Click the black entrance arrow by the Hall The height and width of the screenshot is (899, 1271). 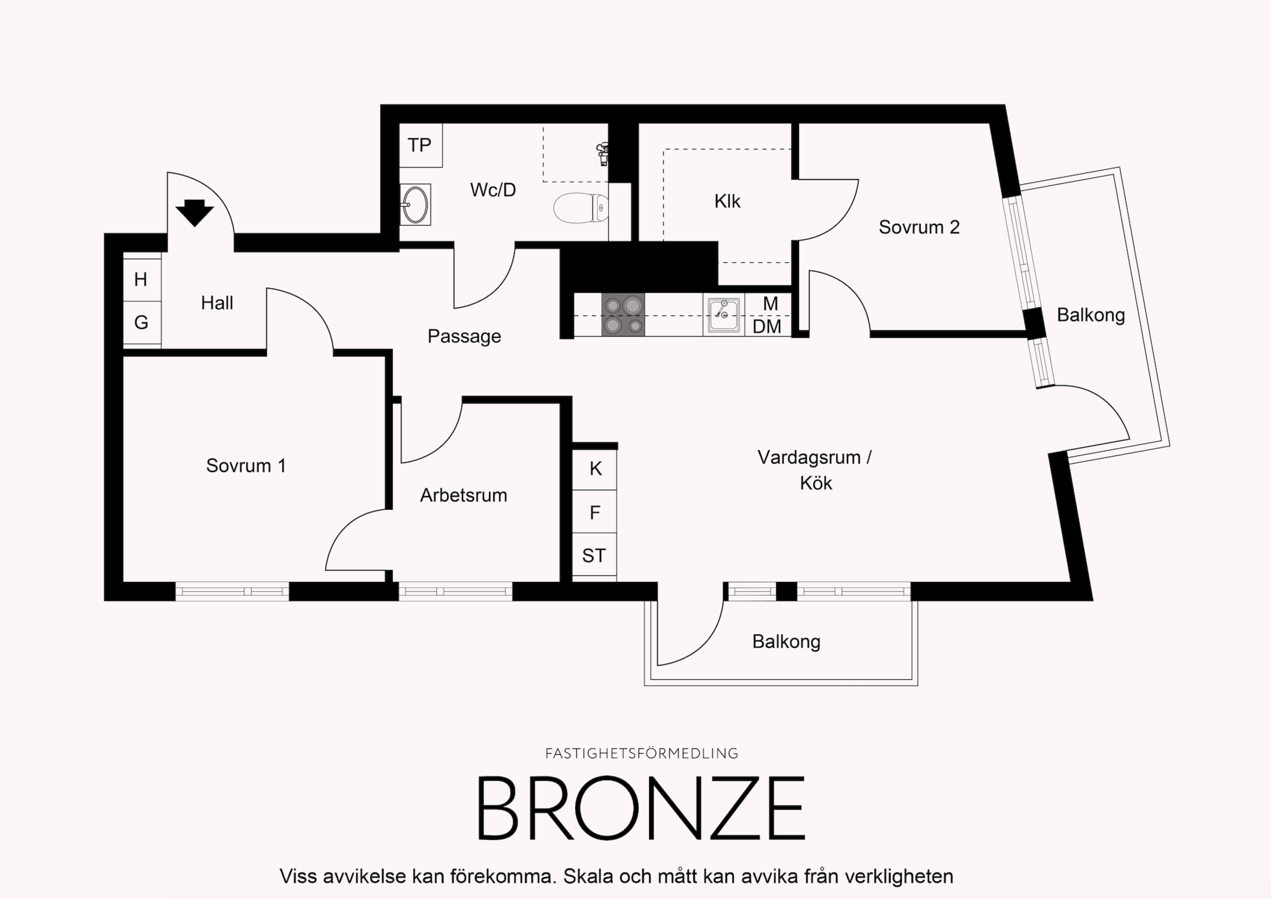point(195,213)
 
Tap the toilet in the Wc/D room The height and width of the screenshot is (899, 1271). point(581,208)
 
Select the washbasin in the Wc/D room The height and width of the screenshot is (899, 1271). point(415,204)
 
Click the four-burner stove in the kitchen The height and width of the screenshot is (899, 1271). point(623,315)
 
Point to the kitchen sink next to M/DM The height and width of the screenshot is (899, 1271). point(723,315)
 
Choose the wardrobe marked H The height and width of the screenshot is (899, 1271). point(142,280)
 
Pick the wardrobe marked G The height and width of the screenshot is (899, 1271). point(142,322)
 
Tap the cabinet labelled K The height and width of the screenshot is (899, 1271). point(595,469)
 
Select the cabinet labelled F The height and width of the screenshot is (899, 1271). point(595,512)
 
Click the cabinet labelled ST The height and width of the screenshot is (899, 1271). point(595,555)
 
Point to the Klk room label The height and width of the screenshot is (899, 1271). point(727,201)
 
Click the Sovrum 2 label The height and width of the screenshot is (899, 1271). point(919,227)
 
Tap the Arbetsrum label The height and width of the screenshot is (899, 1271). point(464,496)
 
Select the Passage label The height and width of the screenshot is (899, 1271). point(464,336)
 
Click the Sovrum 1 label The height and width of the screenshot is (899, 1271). point(246,466)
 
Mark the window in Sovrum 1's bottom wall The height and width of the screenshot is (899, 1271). point(232,592)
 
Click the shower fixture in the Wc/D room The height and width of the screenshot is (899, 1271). point(603,154)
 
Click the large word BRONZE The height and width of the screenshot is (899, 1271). point(641,808)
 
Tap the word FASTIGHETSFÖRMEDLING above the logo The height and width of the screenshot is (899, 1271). point(642,754)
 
